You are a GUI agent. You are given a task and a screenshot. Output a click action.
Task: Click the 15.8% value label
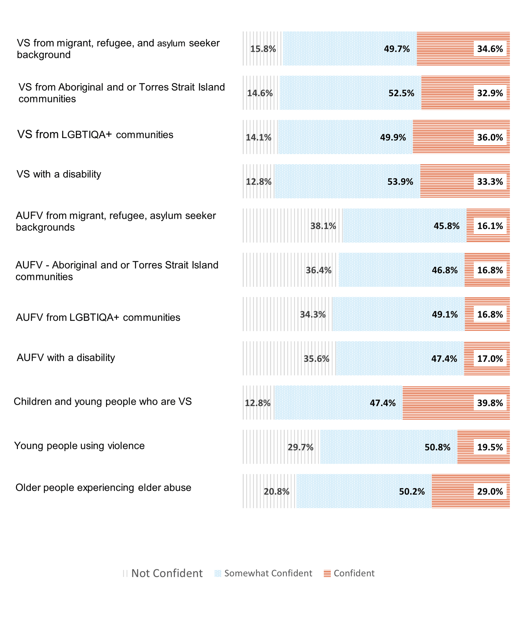point(263,49)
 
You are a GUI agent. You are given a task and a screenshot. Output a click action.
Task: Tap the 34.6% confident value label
point(490,49)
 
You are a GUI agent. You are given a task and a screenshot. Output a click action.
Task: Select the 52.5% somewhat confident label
point(401,93)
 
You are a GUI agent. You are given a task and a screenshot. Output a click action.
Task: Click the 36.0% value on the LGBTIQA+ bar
point(490,137)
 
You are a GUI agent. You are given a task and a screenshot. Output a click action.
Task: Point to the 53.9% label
point(400,182)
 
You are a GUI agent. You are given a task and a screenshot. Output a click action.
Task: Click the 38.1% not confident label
point(323,226)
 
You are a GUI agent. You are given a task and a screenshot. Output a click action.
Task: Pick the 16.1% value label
point(490,226)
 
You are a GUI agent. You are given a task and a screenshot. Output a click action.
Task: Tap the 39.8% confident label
point(490,403)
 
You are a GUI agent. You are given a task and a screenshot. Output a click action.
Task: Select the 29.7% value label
point(301,447)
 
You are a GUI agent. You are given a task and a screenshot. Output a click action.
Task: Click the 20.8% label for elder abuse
point(276,492)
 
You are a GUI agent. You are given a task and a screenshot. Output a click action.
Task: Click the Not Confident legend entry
point(163,573)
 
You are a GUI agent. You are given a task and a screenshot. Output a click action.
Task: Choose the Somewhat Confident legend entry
point(264,573)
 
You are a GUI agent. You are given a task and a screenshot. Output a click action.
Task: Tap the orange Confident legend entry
point(349,573)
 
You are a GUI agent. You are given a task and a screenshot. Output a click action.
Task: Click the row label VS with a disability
point(59,174)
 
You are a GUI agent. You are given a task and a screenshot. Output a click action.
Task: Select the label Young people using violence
point(79,446)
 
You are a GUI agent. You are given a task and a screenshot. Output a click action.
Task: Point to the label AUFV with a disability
point(66,357)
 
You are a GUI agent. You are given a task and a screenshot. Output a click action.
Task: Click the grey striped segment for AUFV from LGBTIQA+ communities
point(269,314)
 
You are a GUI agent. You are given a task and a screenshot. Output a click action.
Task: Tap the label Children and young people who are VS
point(102,402)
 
